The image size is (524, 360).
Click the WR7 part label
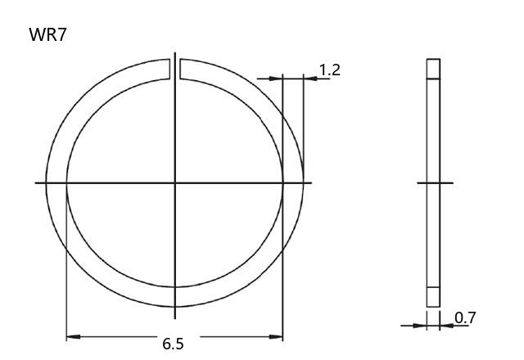47,34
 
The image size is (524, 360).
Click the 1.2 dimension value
329,70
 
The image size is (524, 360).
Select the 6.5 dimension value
173,344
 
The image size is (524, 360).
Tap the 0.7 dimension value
465,318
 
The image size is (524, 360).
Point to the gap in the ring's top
174,69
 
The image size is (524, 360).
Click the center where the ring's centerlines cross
174,182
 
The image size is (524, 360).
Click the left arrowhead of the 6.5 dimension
73,336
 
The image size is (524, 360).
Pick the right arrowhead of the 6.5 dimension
276,336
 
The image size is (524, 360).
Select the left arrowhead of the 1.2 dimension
276,79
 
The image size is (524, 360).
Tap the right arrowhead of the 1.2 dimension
310,79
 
